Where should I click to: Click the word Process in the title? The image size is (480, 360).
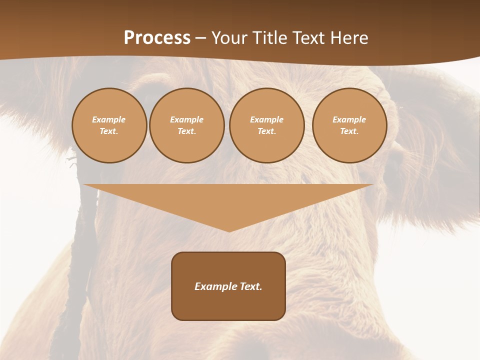pyautogui.click(x=157, y=38)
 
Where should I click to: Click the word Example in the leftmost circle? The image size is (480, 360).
pyautogui.click(x=109, y=119)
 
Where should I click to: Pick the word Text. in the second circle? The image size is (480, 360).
pyautogui.click(x=187, y=131)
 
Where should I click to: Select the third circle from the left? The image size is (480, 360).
pyautogui.click(x=266, y=125)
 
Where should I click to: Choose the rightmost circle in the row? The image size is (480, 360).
pyautogui.click(x=349, y=125)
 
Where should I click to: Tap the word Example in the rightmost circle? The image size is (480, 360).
pyautogui.click(x=349, y=119)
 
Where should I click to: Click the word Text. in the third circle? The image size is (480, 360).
pyautogui.click(x=266, y=131)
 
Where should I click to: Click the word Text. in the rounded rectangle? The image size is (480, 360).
pyautogui.click(x=250, y=286)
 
